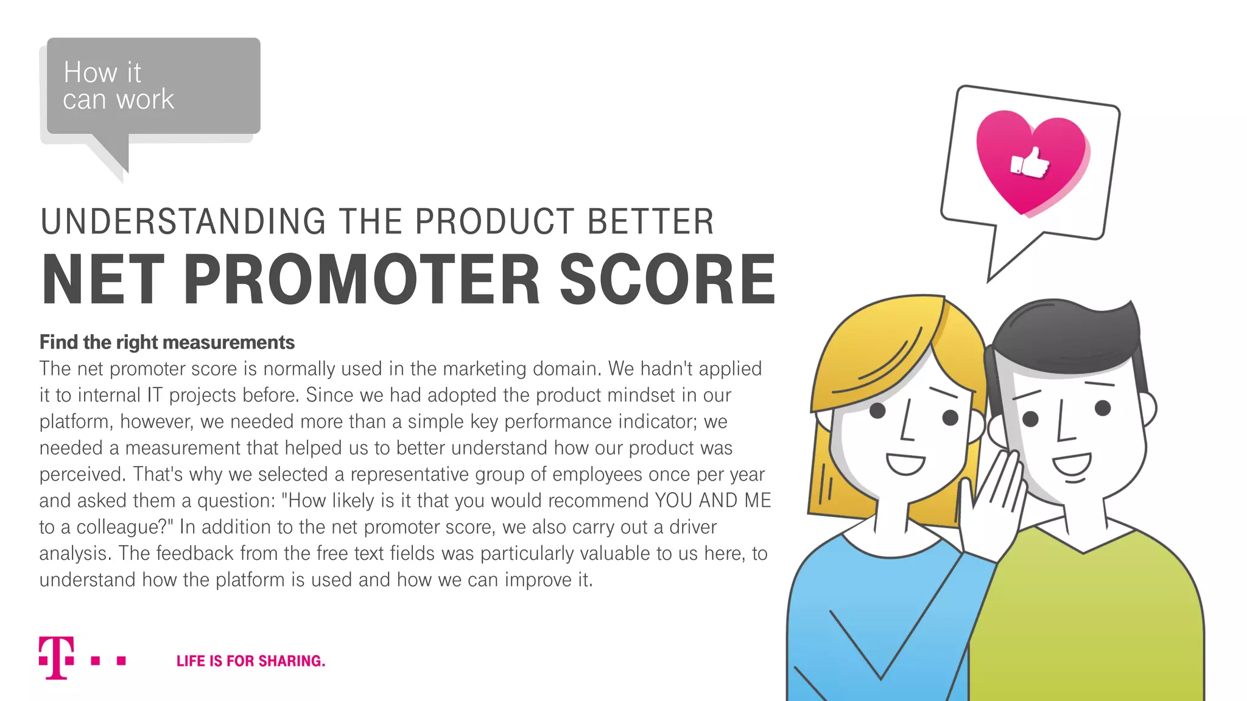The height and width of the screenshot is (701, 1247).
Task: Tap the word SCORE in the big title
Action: click(x=667, y=279)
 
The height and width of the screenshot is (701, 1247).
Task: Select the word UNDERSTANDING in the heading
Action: click(x=183, y=221)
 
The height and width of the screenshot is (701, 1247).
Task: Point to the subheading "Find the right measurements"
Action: click(x=167, y=343)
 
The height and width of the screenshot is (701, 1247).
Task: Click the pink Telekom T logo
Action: click(x=57, y=658)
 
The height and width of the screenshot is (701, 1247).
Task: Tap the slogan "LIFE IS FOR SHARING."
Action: click(x=251, y=661)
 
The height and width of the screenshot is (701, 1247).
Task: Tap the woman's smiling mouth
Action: click(x=905, y=463)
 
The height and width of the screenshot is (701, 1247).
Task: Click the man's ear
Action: click(x=1147, y=408)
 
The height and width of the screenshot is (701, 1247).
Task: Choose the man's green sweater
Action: click(x=1090, y=621)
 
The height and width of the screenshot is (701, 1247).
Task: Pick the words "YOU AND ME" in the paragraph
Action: click(x=713, y=501)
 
